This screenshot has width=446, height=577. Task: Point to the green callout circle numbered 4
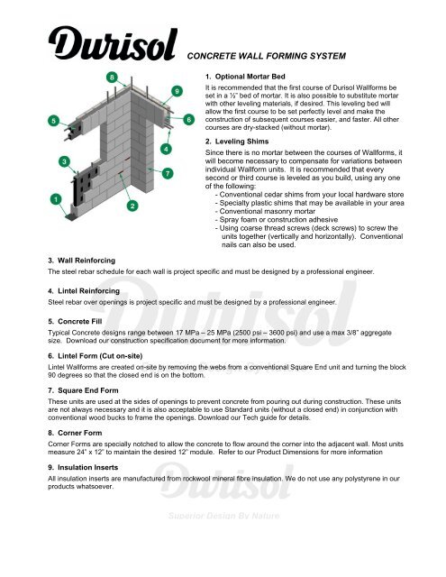point(165,147)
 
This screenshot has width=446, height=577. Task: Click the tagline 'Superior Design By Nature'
point(222,542)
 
